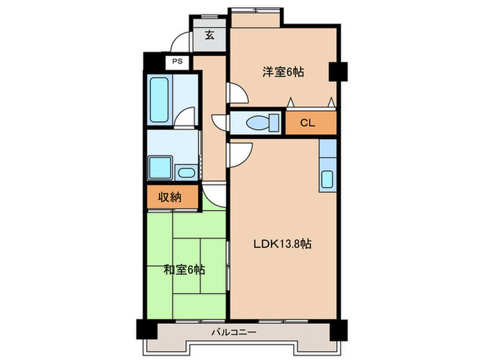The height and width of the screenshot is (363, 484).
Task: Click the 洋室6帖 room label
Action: coord(283,71)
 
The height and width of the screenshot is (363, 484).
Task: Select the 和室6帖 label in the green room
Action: coord(183,269)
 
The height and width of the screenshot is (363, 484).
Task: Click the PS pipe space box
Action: coord(177,62)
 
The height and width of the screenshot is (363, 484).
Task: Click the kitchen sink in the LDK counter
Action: coord(328,178)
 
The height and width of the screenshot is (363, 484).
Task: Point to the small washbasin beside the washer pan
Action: coord(186,171)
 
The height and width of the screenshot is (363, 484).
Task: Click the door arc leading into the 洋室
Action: coord(235,93)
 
